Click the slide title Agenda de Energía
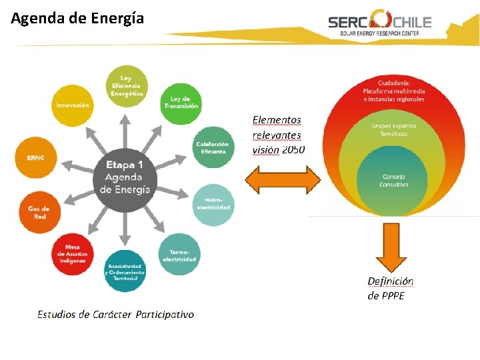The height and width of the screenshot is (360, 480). [77, 18]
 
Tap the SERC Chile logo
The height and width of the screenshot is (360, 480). [379, 23]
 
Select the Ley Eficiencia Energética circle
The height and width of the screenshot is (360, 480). [127, 86]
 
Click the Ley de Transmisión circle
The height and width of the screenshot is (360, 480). [181, 103]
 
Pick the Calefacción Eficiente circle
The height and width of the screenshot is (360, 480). [212, 147]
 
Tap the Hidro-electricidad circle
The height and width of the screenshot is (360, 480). [213, 204]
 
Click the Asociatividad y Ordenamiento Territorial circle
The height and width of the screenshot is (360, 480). [125, 271]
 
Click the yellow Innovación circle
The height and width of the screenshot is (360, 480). [72, 105]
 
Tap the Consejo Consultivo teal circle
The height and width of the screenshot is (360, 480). [394, 179]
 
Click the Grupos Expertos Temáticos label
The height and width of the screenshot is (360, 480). [394, 129]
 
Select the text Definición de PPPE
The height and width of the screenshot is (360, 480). [391, 289]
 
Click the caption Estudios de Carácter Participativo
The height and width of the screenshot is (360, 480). [116, 314]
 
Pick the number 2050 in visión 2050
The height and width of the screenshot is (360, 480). [293, 150]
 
